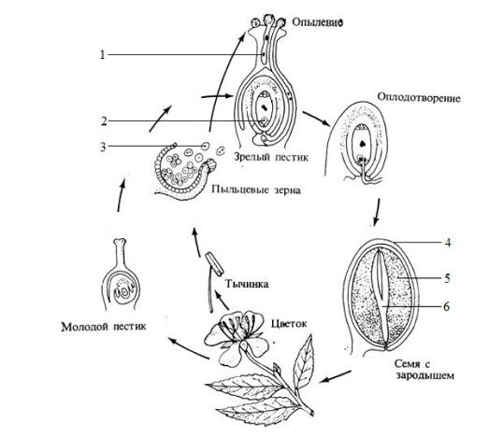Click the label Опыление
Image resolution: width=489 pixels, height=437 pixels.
318,22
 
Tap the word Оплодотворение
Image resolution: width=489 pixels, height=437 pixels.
419,97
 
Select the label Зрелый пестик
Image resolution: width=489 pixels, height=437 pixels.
271,157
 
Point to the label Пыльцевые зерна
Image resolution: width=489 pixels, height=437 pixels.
256,190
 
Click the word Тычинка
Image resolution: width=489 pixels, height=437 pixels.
247,284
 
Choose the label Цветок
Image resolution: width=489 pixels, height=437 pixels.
289,324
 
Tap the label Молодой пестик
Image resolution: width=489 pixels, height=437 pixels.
104,327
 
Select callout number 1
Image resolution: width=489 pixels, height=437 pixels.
102,55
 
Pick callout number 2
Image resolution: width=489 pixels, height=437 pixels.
104,121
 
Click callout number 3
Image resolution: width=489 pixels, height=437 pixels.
103,147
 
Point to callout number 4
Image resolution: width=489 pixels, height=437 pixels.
448,243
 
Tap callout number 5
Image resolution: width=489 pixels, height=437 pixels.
447,278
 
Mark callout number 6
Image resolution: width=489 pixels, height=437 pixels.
447,307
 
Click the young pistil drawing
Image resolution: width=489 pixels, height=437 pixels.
121,275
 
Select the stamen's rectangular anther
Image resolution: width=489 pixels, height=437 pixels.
214,264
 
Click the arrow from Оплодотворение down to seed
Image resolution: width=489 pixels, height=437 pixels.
377,212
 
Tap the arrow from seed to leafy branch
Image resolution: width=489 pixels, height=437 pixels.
337,376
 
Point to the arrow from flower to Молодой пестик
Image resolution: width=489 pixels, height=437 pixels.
189,348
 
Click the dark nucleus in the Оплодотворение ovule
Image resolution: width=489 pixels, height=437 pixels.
363,144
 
